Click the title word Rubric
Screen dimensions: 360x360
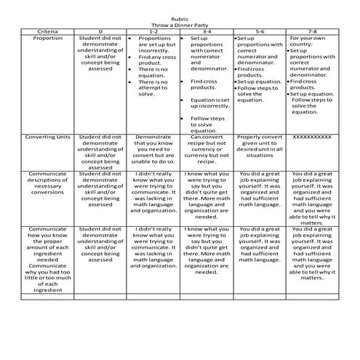(x=180, y=20)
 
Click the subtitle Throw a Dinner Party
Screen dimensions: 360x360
(x=180, y=26)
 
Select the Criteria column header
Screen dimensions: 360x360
(x=48, y=32)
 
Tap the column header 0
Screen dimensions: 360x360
(x=100, y=32)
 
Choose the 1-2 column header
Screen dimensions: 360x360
(x=153, y=32)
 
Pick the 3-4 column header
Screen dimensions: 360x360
(x=206, y=32)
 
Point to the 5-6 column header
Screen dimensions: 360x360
(x=259, y=32)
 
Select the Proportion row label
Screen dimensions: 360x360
(x=48, y=38)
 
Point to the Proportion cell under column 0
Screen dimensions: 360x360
(x=100, y=51)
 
